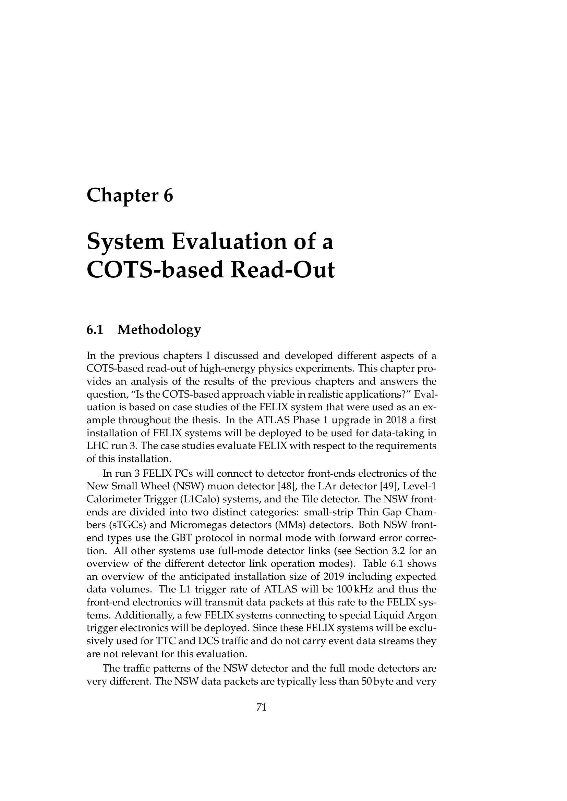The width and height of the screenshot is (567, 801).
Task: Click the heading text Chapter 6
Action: (130, 195)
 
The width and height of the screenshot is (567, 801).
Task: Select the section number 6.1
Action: (95, 329)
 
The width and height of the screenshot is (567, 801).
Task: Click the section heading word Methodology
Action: (159, 329)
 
